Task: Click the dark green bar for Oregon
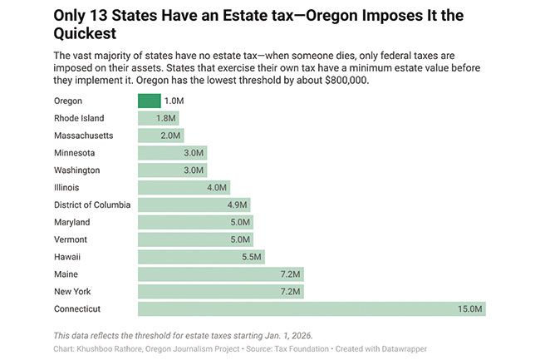[149, 101]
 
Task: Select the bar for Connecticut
[312, 309]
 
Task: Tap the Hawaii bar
[201, 257]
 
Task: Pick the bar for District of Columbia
[193, 205]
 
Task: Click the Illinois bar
[183, 187]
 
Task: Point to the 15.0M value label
[469, 309]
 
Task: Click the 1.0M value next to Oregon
[174, 101]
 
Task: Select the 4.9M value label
[236, 205]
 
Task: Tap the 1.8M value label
[166, 118]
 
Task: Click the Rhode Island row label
[79, 118]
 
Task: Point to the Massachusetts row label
[83, 136]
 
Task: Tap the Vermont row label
[71, 239]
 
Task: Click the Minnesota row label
[75, 153]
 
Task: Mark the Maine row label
[67, 274]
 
